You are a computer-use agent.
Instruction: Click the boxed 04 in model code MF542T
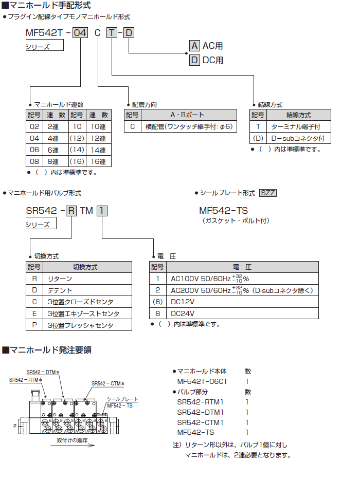click(x=80, y=34)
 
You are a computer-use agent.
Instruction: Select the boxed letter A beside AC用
click(x=194, y=45)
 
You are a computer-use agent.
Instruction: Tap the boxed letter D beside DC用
click(x=194, y=60)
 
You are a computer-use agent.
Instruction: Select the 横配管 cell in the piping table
click(x=189, y=126)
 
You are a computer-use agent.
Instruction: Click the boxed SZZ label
click(x=268, y=193)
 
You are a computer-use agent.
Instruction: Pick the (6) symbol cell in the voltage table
click(x=157, y=302)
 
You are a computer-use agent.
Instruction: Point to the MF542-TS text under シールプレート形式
click(x=223, y=211)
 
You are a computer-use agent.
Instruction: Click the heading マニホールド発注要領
click(x=49, y=350)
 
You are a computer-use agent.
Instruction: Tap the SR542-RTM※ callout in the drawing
click(x=25, y=380)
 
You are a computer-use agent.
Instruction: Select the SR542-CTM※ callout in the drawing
click(x=108, y=383)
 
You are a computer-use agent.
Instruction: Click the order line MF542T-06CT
click(x=202, y=381)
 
